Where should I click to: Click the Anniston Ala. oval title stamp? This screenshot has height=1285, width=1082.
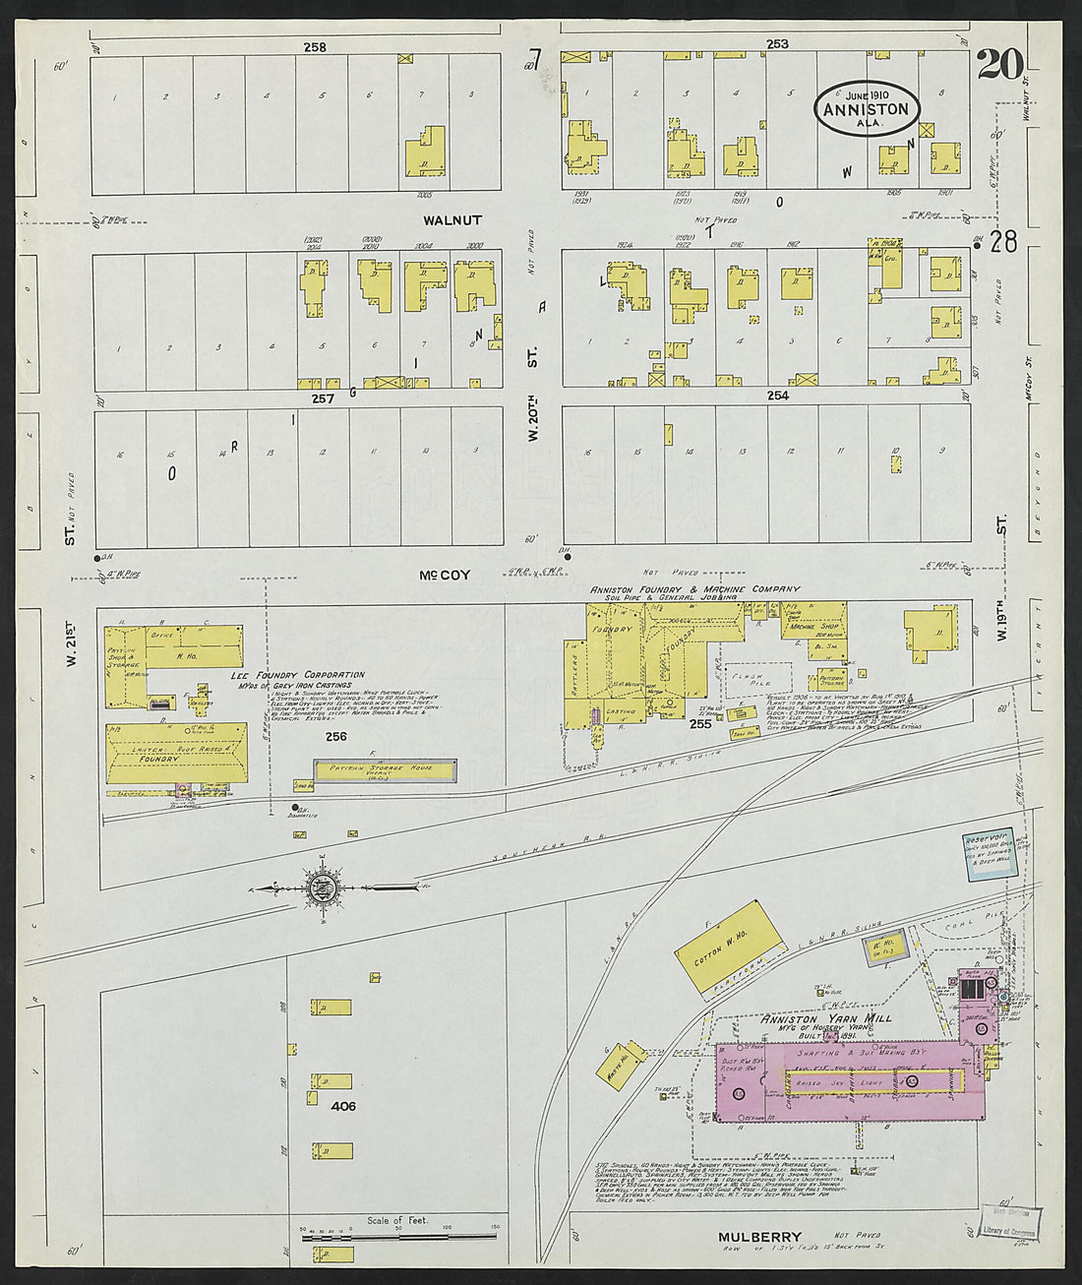click(867, 109)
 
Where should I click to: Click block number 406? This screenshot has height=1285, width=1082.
click(343, 1106)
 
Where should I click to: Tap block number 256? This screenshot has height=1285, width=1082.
click(336, 735)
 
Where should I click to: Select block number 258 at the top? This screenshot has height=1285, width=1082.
click(315, 46)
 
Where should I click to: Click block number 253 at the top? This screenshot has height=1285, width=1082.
click(777, 43)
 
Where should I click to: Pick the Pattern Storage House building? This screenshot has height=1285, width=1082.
click(385, 770)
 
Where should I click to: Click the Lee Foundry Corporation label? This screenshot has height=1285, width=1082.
click(297, 676)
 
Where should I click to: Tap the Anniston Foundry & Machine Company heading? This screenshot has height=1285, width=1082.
click(694, 589)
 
